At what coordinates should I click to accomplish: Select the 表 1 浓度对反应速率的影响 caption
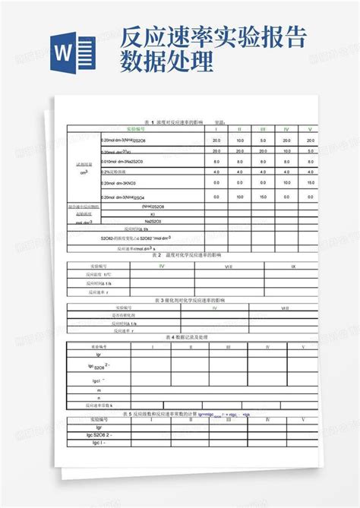pos(163,121)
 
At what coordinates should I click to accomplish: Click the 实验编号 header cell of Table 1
pos(138,129)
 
